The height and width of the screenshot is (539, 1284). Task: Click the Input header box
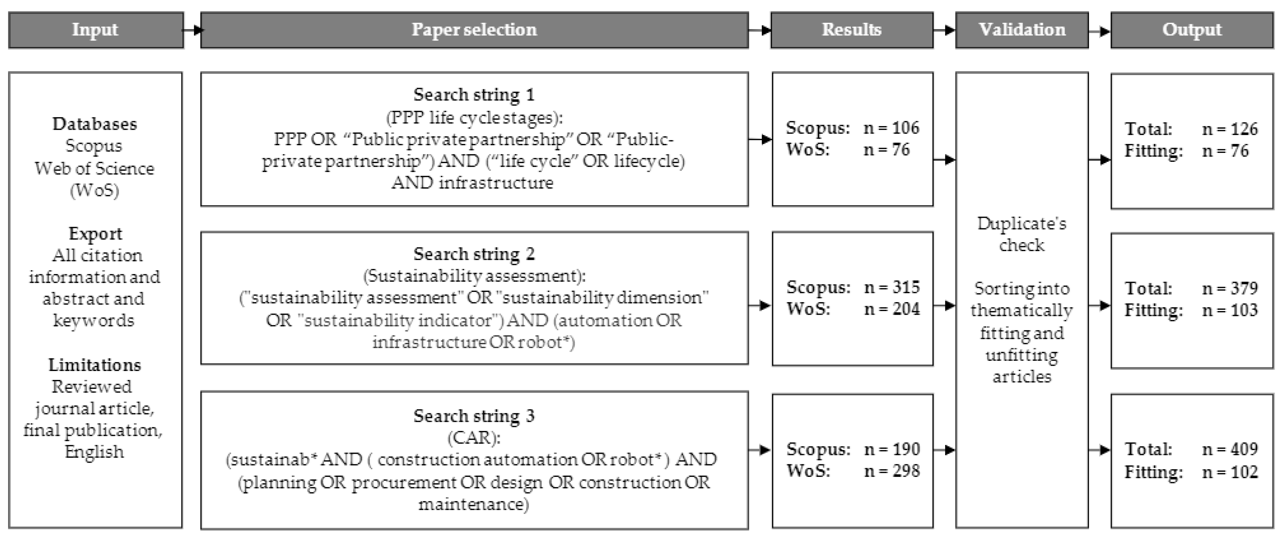95,30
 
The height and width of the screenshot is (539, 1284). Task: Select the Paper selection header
474,30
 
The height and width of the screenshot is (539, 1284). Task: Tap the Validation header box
1022,30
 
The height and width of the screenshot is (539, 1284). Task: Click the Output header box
1192,30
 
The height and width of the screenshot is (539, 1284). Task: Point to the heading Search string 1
474,94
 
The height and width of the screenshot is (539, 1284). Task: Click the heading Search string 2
474,254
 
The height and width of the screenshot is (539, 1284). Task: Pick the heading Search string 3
474,415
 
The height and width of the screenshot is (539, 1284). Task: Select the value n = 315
892,287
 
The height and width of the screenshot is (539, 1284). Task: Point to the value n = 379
1230,288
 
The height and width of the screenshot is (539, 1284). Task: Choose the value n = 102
1230,472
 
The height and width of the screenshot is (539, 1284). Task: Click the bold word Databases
95,124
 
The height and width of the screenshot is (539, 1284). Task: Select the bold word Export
95,233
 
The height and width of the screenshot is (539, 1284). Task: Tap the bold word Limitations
95,365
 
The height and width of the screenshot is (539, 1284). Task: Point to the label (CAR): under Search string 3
474,437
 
